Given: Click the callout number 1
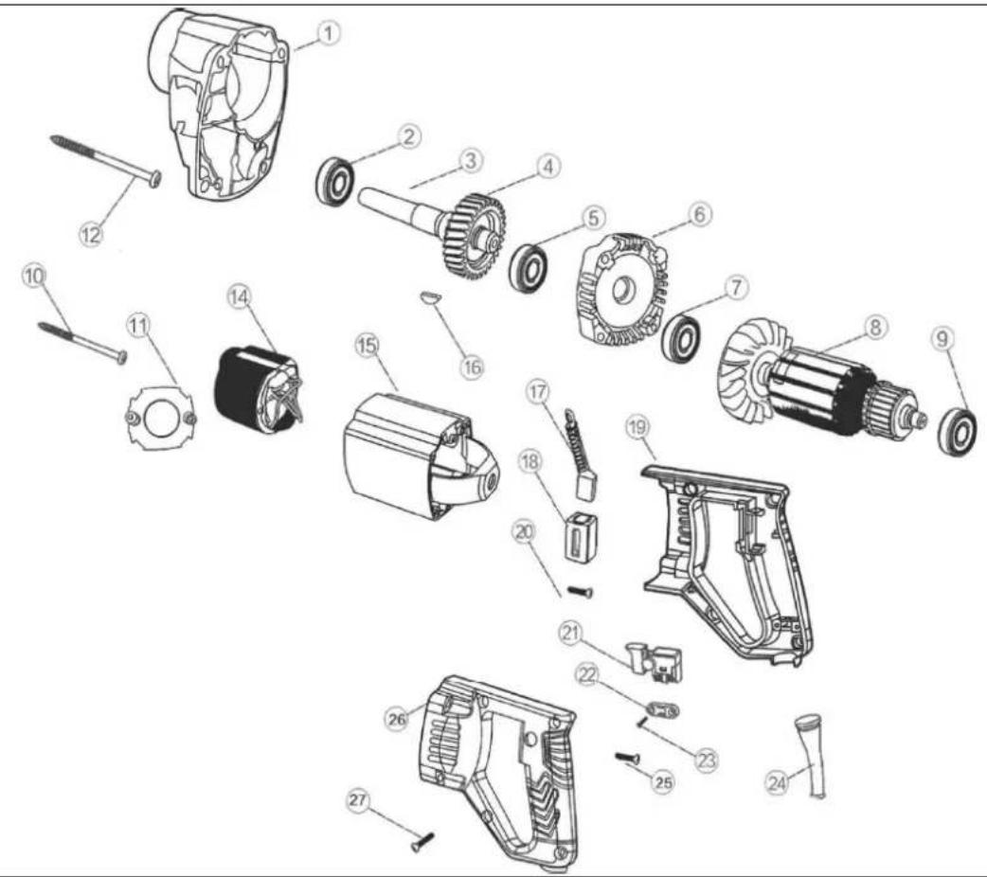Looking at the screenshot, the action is (x=329, y=33).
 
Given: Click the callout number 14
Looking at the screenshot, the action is (x=239, y=296).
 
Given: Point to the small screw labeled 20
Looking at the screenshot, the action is (x=581, y=591).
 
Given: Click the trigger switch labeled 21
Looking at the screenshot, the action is (x=655, y=663).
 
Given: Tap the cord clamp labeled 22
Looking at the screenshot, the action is (x=664, y=711).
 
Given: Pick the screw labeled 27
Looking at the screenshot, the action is (x=423, y=841).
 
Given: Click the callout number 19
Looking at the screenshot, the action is (x=637, y=428).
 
